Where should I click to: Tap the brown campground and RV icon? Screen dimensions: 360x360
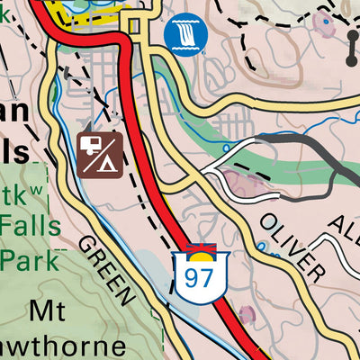tap(99, 154)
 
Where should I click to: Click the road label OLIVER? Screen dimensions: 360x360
tap(293, 247)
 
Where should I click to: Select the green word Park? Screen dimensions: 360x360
tap(29, 260)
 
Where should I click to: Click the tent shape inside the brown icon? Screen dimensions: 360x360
tap(108, 162)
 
